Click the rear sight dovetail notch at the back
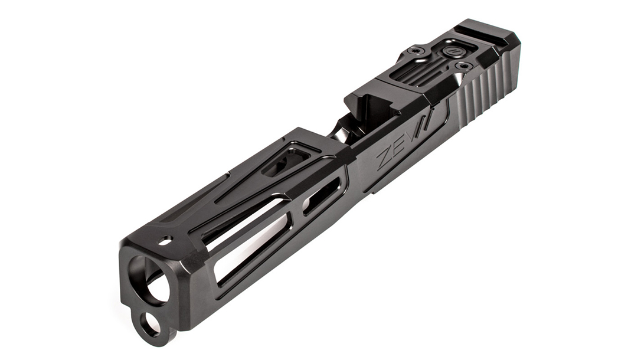(482, 31)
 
